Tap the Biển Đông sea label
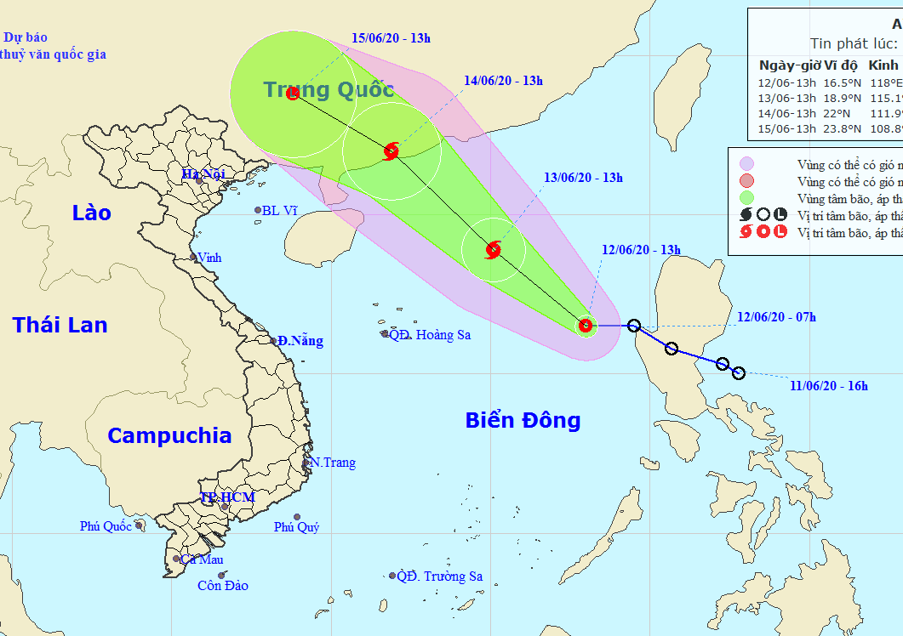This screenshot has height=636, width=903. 523,420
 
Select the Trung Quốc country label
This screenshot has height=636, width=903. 329,89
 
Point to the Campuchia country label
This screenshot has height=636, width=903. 169,435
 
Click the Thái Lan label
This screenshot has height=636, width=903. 60,324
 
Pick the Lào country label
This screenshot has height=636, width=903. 91,213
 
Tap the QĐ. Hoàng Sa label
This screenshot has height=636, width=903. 430,335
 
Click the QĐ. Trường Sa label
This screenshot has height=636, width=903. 440,576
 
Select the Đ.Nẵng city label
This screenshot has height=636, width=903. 300,341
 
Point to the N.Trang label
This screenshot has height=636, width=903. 333,463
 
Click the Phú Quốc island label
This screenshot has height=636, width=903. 106,526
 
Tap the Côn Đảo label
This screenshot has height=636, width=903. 223,586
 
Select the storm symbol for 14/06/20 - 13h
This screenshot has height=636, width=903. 391,151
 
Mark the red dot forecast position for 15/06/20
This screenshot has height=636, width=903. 293,94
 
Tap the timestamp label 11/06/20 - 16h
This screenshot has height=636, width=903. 828,387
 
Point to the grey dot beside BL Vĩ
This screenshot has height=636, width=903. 258,211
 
